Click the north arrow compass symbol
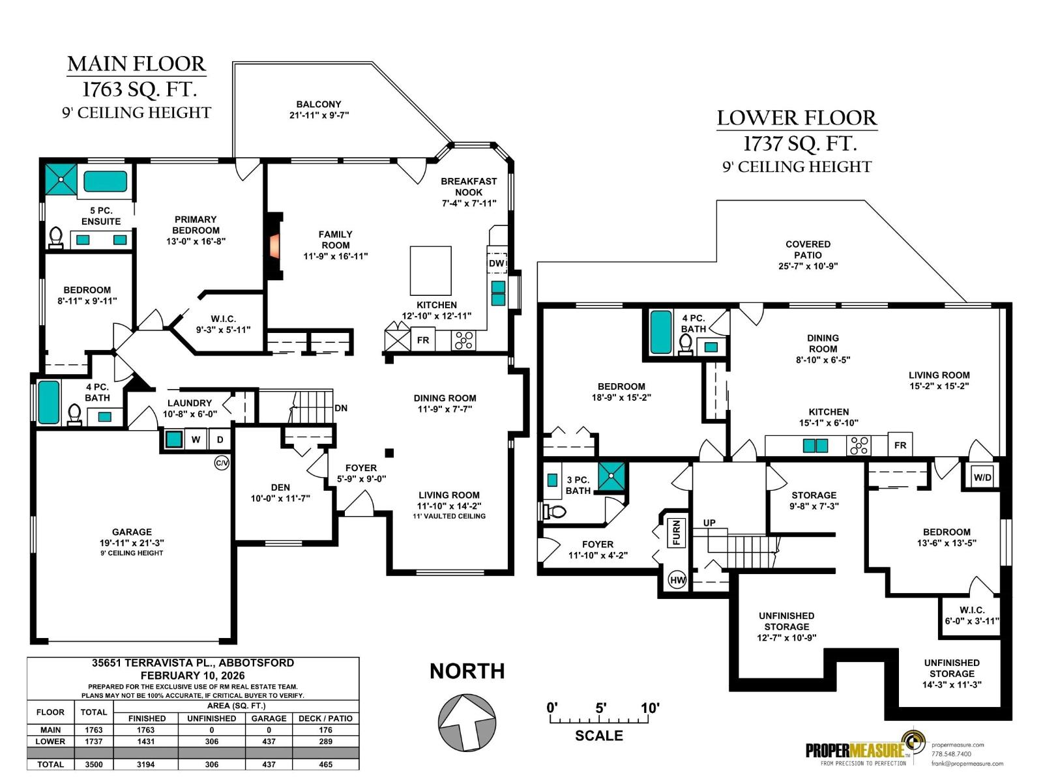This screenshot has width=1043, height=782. pos(466,722)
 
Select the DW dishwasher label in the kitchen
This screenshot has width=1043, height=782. pos(497,263)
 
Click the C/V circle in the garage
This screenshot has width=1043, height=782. pos(222,463)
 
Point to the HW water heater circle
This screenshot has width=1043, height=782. pos(678,580)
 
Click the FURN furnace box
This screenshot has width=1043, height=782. pos(677,532)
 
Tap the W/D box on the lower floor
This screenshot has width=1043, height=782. pos(982,477)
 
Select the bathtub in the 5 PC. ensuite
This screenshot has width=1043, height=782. pos(105,181)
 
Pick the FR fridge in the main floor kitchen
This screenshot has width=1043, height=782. pos(423,340)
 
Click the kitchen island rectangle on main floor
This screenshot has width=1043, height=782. pos(430,270)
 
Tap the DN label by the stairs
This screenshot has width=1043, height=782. pos(341,408)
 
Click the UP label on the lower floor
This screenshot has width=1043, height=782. pos(709,523)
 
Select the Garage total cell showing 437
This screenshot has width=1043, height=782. pos(269,764)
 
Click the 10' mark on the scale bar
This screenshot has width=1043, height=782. pos(650,708)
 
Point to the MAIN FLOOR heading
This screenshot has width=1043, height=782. pos(136,64)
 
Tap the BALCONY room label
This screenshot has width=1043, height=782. pos(319,104)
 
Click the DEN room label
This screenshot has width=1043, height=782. pos(280,487)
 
